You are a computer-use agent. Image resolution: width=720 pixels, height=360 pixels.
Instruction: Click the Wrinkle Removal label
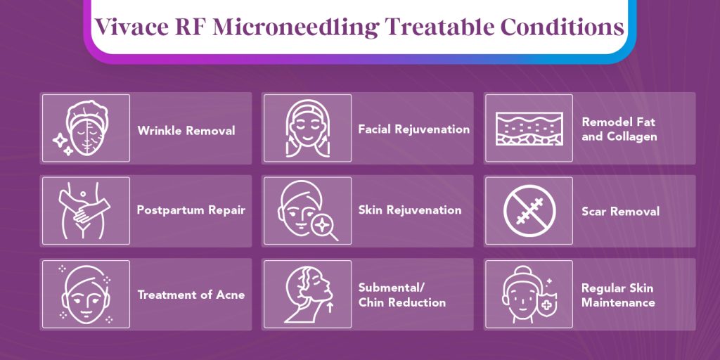pos(186,130)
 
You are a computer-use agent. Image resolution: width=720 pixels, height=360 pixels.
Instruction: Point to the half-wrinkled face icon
pos(86,128)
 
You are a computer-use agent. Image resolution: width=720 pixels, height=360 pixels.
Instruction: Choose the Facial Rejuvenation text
pos(413,129)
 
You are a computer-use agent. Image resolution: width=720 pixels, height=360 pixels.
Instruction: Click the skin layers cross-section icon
pos(529,129)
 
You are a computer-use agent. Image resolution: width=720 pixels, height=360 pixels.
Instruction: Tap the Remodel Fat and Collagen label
pos(619,129)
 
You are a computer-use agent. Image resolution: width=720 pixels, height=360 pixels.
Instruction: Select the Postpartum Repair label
pos(191,210)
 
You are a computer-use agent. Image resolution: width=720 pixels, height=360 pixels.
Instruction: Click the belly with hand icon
pos(85,211)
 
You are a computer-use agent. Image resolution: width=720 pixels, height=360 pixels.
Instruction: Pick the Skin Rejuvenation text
pos(410,210)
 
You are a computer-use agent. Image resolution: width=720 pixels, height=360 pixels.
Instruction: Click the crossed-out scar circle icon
pos(529,211)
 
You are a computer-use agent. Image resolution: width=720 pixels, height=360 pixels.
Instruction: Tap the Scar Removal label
pos(620,211)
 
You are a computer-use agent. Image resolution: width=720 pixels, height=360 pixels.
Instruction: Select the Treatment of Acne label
pos(191,295)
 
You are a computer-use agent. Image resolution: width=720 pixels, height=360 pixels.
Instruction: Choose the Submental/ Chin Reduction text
pos(401,295)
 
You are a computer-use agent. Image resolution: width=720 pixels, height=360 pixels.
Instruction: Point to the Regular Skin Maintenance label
pos(617,295)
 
